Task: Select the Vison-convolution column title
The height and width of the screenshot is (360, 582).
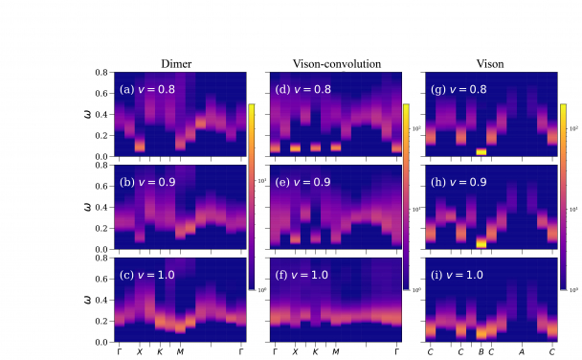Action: tap(337, 65)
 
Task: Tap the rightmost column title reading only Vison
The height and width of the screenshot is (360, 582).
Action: tap(491, 65)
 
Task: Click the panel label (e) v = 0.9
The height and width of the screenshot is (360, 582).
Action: tap(305, 179)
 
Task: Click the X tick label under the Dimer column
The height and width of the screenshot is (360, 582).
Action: tap(139, 352)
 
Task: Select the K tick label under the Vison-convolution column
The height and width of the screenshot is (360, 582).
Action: tap(315, 352)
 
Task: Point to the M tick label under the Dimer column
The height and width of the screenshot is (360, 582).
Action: tap(180, 352)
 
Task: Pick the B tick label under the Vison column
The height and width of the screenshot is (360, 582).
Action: tap(481, 352)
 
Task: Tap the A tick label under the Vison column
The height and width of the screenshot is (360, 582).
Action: tap(522, 352)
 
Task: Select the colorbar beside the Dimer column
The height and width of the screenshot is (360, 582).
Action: tap(252, 195)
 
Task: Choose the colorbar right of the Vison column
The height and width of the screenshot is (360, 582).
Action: tap(564, 195)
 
